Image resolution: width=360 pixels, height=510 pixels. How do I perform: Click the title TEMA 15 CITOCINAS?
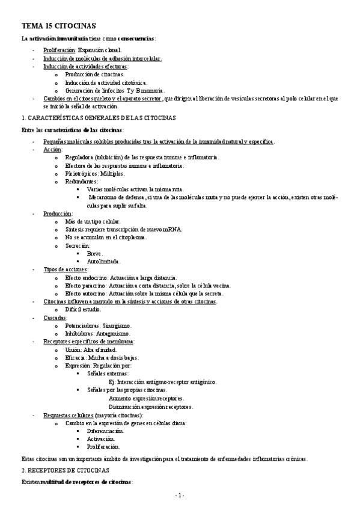point(58,26)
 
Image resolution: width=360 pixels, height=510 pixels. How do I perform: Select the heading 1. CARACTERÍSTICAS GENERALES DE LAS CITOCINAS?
point(98,118)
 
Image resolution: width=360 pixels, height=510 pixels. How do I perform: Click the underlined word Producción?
point(58,214)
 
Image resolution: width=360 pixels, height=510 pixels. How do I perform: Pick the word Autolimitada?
point(104,262)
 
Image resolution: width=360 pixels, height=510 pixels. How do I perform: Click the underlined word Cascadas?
point(55,318)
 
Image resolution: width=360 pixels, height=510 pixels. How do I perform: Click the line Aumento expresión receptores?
point(146,398)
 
